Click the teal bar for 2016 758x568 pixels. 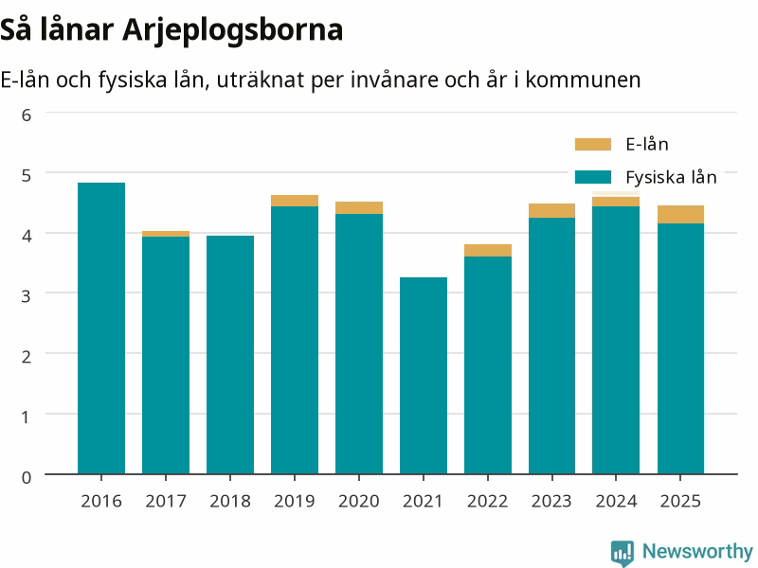[x=101, y=328]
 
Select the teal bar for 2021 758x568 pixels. [x=424, y=376]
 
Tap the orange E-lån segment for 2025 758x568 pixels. [x=680, y=215]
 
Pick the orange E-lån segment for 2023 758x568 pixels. [x=552, y=210]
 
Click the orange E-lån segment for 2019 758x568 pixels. [x=295, y=201]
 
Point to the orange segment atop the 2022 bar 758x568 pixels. [x=488, y=250]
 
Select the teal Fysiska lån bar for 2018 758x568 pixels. [x=230, y=355]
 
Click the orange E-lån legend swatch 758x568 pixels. [x=593, y=145]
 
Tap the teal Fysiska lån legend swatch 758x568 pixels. [x=593, y=177]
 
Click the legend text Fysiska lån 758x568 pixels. [x=671, y=177]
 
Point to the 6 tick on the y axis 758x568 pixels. [x=27, y=115]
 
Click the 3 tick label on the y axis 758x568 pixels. [x=27, y=295]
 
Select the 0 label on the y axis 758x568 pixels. [x=27, y=477]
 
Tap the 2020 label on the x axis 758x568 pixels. [x=359, y=502]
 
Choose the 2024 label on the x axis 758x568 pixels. [x=617, y=502]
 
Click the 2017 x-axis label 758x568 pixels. [x=166, y=502]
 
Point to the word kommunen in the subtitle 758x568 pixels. [x=583, y=80]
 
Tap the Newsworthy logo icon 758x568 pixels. [x=623, y=553]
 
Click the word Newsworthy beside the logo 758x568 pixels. [x=697, y=551]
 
